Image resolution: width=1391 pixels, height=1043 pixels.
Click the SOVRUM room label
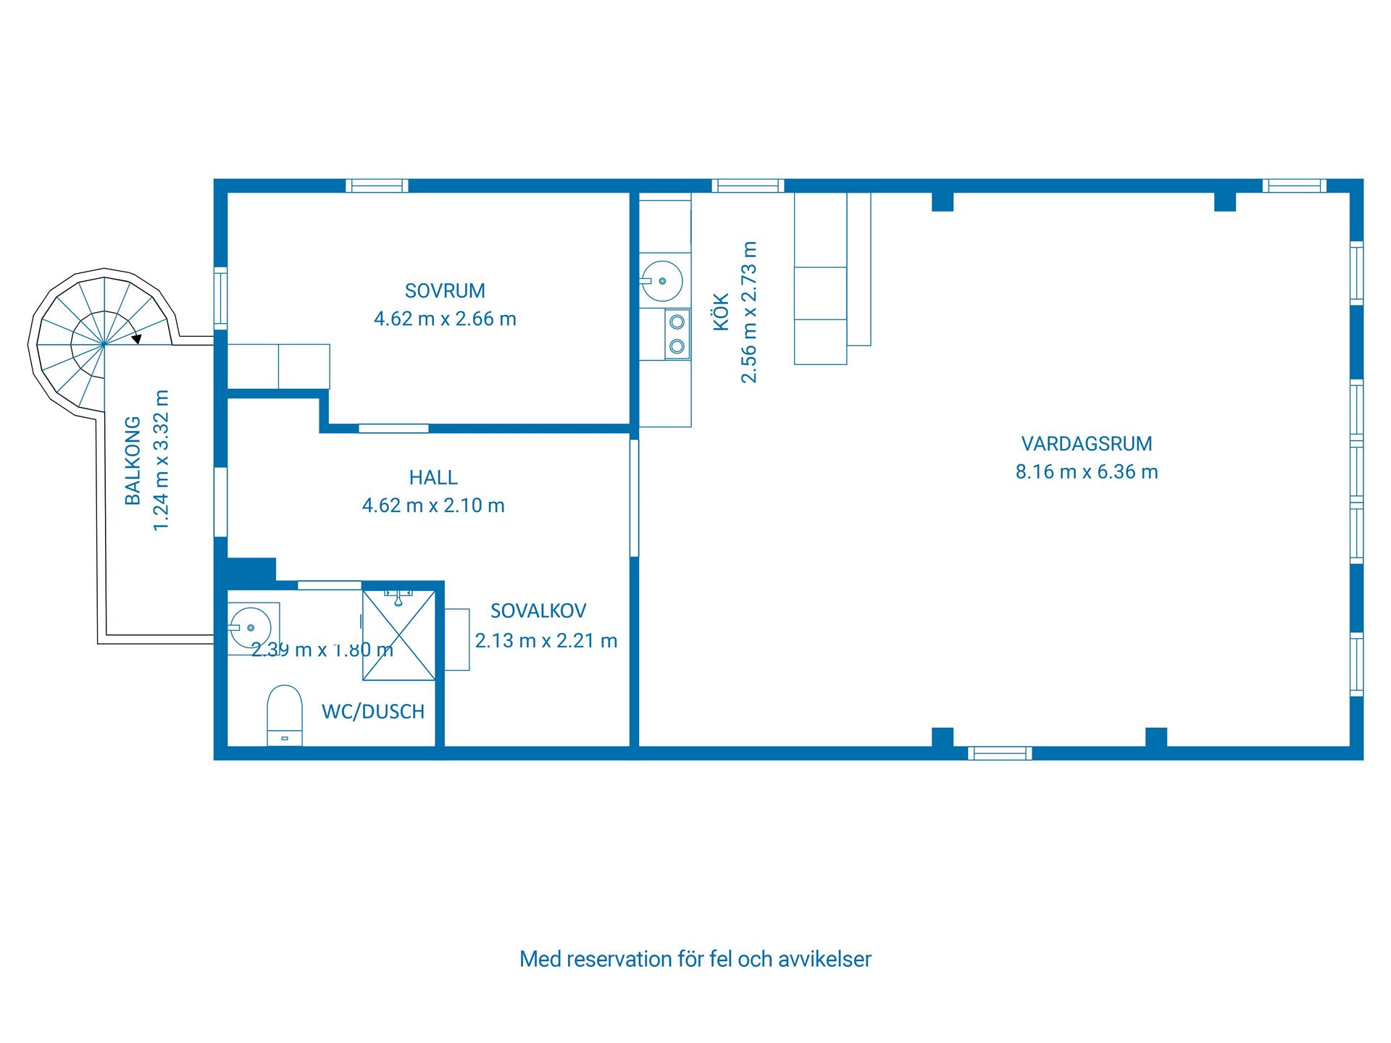445,291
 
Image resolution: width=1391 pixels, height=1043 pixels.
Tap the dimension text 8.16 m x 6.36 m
1086,472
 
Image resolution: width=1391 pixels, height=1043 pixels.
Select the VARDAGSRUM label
1086,443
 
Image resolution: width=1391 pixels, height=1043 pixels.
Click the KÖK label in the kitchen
722,312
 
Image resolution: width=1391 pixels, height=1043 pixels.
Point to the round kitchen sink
662,281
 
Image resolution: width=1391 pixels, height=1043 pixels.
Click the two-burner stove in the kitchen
677,334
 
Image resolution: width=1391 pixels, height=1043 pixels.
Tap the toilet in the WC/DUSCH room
285,714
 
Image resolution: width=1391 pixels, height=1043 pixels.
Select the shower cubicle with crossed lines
399,636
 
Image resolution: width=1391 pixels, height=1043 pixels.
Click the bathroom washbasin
251,628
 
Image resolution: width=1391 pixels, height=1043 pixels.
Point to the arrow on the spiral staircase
136,338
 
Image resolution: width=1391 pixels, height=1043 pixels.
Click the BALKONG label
133,461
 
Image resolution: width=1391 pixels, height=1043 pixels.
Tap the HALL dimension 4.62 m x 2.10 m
433,506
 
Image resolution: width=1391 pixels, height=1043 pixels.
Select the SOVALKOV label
538,611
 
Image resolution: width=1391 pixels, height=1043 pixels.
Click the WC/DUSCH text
373,712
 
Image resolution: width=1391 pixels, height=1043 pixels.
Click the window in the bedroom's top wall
377,186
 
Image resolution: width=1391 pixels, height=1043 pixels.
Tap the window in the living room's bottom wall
1000,753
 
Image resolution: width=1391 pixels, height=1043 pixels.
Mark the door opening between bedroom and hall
393,429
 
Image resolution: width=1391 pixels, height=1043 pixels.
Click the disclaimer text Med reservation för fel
695,959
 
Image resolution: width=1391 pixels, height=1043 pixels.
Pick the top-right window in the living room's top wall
1294,186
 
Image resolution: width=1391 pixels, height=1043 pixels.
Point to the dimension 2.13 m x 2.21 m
546,641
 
